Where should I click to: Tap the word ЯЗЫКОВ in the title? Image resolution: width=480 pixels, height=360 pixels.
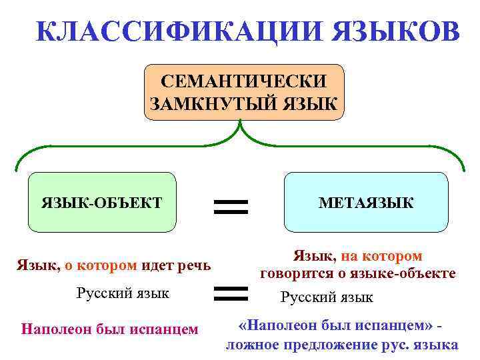(x=386, y=31)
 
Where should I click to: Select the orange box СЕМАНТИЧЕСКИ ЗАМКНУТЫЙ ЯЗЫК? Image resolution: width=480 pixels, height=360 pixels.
(x=244, y=92)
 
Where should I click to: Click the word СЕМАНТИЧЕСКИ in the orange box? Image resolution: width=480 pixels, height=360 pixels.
(x=245, y=81)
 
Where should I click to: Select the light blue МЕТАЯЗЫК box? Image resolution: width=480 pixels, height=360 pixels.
(x=366, y=202)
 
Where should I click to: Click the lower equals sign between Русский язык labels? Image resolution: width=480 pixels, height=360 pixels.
(x=230, y=292)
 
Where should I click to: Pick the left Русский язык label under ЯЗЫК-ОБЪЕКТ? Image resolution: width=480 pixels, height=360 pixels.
(x=123, y=293)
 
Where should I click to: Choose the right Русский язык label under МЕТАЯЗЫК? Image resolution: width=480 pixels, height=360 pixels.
(x=327, y=297)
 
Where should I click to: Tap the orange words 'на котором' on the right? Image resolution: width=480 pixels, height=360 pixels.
(x=382, y=256)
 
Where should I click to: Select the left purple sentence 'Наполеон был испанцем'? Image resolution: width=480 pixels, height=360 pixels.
(x=110, y=329)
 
